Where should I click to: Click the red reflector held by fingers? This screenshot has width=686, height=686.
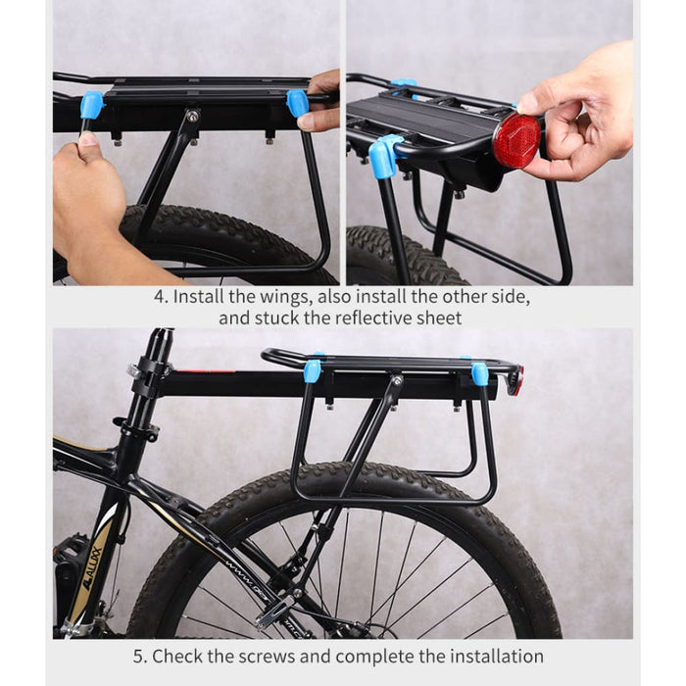click(515, 140)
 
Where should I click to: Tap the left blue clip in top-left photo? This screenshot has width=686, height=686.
click(91, 105)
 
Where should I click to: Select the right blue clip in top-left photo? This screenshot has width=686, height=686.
click(297, 103)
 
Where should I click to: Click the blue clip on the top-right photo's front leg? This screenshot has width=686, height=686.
click(384, 157)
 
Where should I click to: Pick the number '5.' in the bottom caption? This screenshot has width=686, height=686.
click(139, 656)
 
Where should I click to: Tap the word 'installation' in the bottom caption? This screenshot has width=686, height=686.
click(495, 656)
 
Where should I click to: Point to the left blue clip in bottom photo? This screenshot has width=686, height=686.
click(313, 371)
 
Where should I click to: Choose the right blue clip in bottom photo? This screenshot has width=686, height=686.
click(480, 374)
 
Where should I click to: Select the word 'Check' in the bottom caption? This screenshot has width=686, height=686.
click(177, 656)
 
